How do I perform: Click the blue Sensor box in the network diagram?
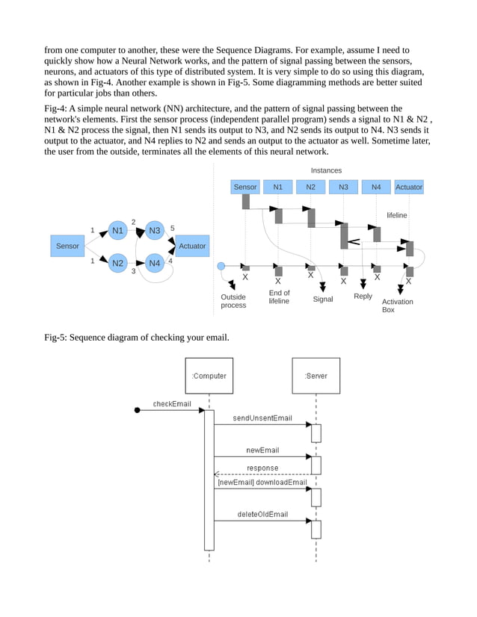click(67, 246)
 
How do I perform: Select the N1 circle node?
click(117, 231)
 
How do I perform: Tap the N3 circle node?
click(154, 231)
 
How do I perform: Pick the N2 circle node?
click(117, 263)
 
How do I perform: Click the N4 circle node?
click(154, 263)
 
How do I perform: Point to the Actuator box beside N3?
click(192, 246)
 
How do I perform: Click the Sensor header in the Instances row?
click(245, 187)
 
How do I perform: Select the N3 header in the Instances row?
click(343, 187)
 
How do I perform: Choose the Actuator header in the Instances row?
click(408, 187)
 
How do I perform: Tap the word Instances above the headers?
click(326, 171)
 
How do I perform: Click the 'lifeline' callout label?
click(397, 215)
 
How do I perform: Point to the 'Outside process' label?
click(233, 301)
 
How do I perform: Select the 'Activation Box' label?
click(397, 306)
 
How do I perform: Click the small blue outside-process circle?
click(221, 266)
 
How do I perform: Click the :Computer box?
click(209, 376)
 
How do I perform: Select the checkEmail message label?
click(172, 404)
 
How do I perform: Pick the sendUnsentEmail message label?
click(262, 418)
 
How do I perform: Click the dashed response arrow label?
click(262, 468)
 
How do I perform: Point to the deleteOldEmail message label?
click(262, 515)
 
